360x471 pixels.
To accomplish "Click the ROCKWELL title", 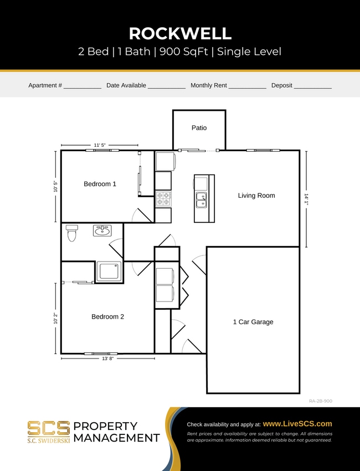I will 180,33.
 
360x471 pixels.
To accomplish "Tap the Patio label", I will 199,128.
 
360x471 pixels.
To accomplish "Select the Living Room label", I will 256,196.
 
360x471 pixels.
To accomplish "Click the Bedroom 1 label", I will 100,184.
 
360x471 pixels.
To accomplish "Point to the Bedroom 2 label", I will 107,317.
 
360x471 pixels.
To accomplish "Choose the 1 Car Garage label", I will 253,322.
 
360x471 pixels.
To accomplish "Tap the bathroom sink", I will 102,230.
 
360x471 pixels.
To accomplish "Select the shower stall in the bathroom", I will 110,272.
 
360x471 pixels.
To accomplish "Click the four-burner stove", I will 163,198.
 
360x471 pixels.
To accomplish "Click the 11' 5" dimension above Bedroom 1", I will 100,145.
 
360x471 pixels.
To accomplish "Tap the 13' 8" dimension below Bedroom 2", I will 108,359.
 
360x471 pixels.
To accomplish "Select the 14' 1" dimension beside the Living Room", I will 305,199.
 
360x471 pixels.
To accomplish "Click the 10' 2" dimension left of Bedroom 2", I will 55,318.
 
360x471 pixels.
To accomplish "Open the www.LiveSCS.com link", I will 297,423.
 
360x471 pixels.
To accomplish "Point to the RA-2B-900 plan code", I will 320,401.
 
